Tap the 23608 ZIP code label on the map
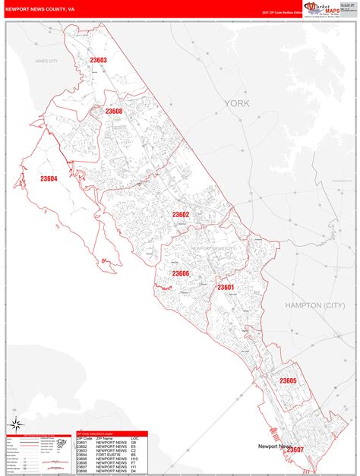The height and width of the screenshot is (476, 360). (114, 112)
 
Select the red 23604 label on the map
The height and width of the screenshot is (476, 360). (49, 179)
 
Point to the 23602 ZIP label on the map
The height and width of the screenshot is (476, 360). (180, 215)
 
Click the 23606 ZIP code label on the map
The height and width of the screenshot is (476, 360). (180, 273)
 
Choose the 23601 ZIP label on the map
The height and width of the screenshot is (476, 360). (226, 287)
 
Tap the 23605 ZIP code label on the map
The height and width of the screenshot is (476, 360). (288, 380)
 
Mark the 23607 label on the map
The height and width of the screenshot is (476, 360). (295, 450)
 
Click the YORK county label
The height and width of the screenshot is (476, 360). (235, 103)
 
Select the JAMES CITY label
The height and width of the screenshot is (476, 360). (46, 61)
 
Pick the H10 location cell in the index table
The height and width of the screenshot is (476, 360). (134, 459)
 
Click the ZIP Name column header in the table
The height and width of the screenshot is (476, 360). (104, 439)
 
